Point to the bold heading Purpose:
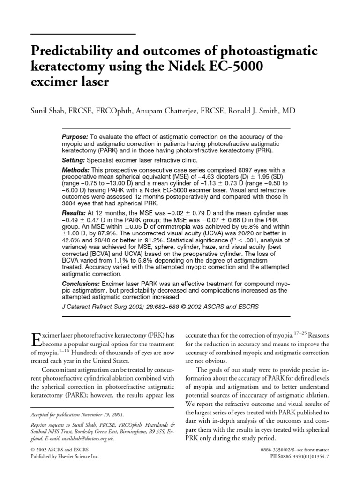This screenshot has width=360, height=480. [75, 136]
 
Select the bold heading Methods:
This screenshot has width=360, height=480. [76, 169]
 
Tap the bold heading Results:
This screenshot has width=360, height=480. [75, 213]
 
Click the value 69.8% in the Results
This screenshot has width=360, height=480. [231, 226]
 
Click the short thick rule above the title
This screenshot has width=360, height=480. [83, 34]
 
